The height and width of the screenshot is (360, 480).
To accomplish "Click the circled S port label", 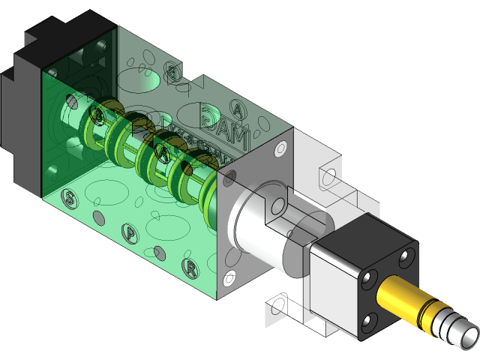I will click(x=69, y=199).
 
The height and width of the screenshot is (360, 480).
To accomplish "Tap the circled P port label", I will click(x=130, y=233).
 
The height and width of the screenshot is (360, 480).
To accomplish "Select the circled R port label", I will click(x=190, y=266).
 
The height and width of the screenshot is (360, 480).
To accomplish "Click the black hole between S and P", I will click(x=97, y=217).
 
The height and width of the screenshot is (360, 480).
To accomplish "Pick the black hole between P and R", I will click(x=158, y=250).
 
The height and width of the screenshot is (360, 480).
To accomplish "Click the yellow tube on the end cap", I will click(x=405, y=299).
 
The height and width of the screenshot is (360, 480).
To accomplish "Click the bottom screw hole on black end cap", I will click(x=369, y=322).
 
